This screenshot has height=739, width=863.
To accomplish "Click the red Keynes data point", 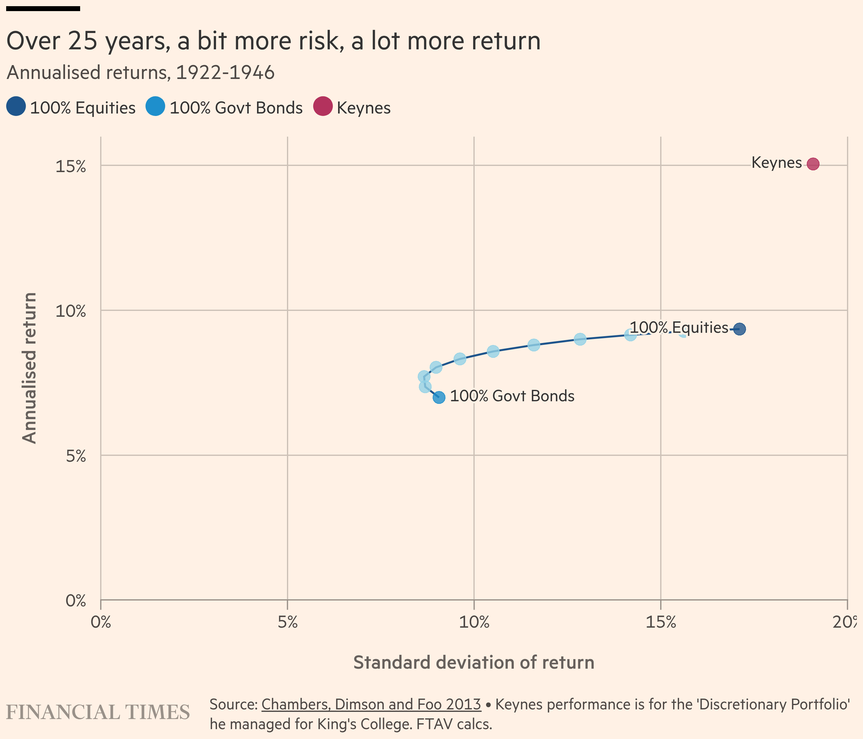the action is coord(812,164).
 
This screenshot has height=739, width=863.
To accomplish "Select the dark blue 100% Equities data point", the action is coord(739,329).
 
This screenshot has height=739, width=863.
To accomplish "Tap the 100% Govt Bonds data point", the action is coord(439,397).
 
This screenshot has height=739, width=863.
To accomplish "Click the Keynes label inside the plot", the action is coord(776,163).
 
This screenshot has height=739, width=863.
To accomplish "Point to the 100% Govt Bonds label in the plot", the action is coord(512,396).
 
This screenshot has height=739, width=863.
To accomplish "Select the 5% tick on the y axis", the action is coord(76,456).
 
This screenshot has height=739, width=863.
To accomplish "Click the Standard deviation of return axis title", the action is coord(473,662).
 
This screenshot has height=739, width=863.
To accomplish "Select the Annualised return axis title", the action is coord(29,368).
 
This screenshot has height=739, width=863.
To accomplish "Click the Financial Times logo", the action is coord(98,712).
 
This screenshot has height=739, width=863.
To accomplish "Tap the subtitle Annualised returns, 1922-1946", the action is coord(141,72).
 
